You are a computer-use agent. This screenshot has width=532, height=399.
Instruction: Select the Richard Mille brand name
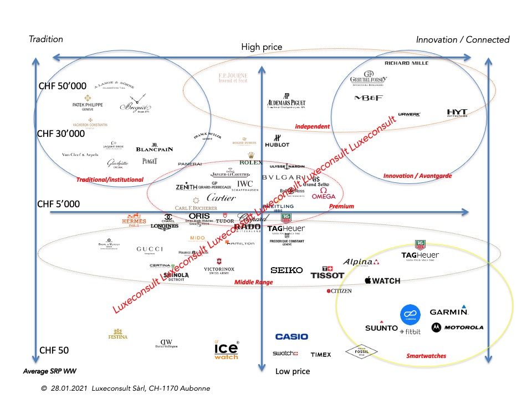[x=406, y=63]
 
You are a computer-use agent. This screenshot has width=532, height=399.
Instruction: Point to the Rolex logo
[x=250, y=160]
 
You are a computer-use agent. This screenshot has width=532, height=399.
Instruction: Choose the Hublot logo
[x=277, y=141]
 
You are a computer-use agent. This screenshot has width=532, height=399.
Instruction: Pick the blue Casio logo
[x=291, y=336]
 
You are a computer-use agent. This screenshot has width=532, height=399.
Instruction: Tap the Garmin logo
[x=449, y=311]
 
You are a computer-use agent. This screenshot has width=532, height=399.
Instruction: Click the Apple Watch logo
[x=382, y=281]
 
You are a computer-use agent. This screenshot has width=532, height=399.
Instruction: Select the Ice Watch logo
[x=226, y=350]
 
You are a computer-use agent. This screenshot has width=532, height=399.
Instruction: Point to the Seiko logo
[x=287, y=270]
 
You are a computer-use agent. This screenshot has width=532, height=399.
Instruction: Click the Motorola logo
[x=457, y=328]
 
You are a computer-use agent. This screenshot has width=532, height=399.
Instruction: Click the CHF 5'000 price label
[x=58, y=204]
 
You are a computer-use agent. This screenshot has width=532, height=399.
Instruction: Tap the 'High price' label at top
[x=262, y=47]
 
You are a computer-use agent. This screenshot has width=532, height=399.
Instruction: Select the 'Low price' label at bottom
[x=293, y=371]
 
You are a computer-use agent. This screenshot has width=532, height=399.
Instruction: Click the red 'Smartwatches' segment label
[x=426, y=356]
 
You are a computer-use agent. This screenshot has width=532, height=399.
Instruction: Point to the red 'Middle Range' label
[x=253, y=282]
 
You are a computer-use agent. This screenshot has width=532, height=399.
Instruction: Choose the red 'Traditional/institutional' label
[x=110, y=180]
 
